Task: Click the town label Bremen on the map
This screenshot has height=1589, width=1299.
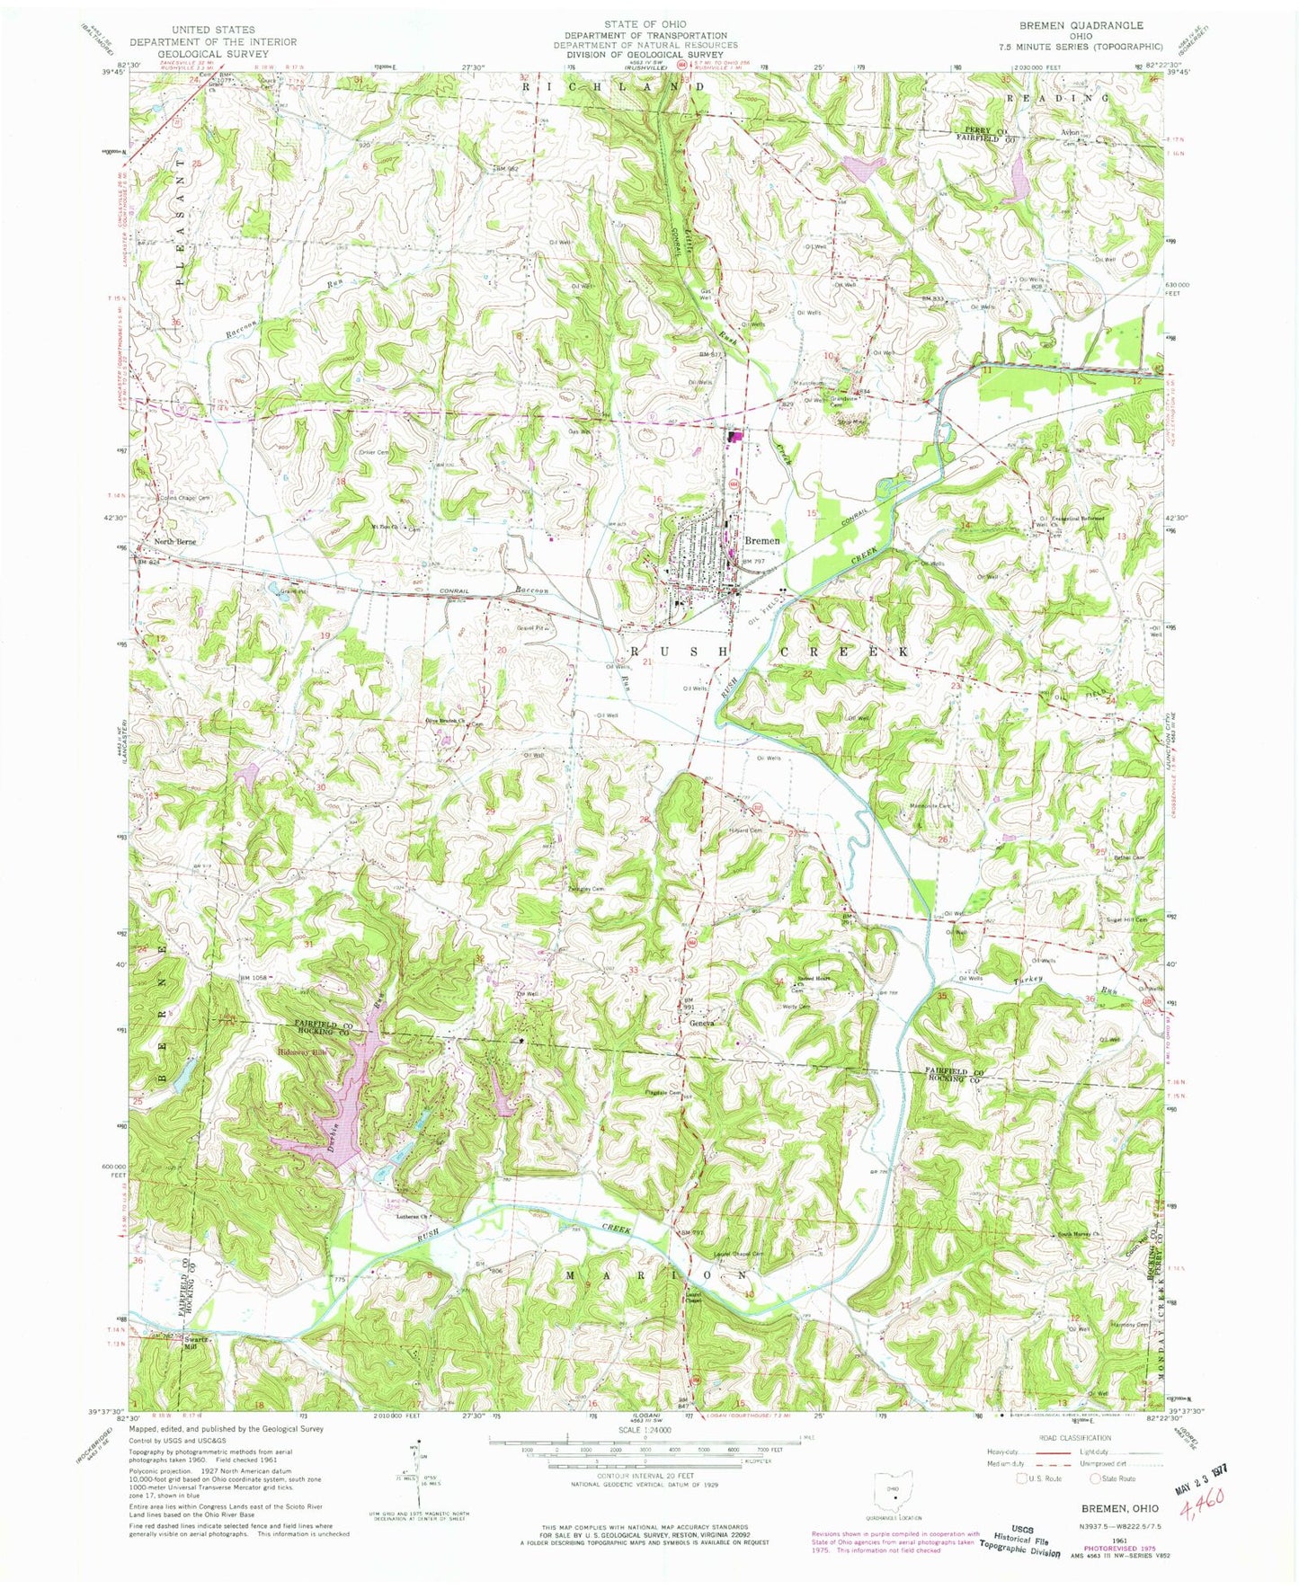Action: pyautogui.click(x=761, y=541)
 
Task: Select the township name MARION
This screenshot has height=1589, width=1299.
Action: pyautogui.click(x=657, y=1274)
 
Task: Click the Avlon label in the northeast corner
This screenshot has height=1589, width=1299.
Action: pyautogui.click(x=1070, y=132)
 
